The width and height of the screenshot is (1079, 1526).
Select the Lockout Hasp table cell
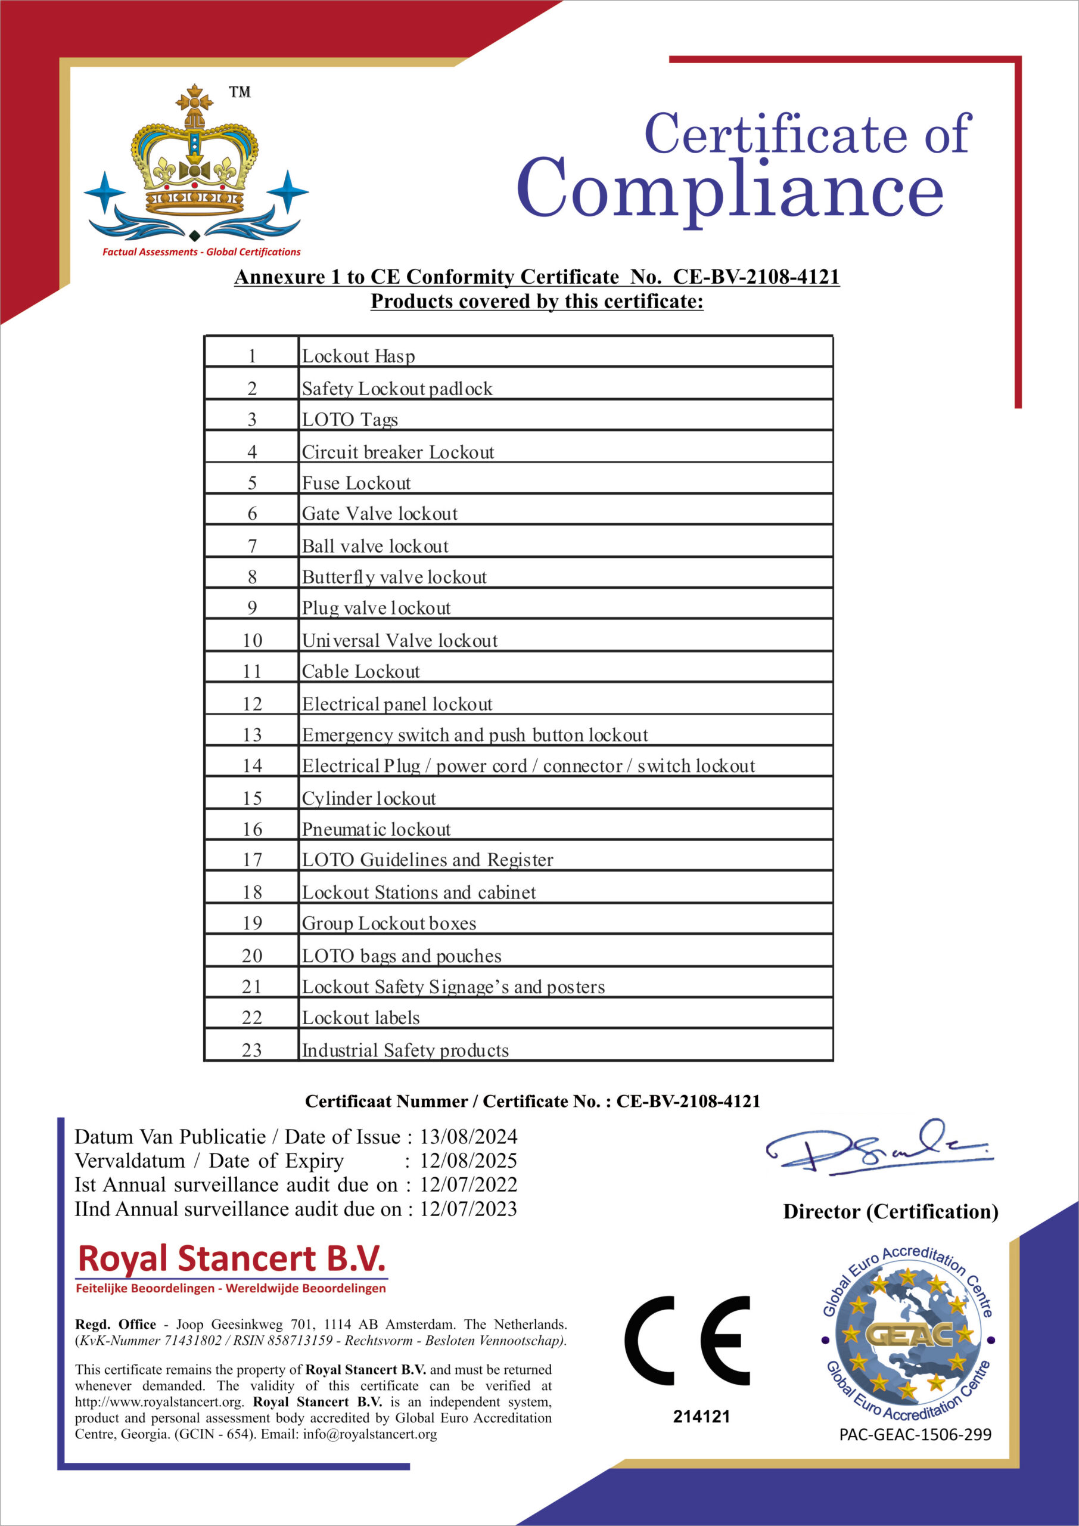tap(359, 356)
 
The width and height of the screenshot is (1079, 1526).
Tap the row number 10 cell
tap(252, 640)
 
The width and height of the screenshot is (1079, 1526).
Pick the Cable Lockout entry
tap(361, 671)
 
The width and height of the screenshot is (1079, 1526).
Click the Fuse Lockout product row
tap(356, 483)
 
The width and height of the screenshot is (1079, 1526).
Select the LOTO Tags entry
tap(350, 420)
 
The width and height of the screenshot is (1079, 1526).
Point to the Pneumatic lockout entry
tap(376, 829)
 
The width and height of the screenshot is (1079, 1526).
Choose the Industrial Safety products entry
tap(405, 1050)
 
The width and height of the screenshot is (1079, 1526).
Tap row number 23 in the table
tap(252, 1050)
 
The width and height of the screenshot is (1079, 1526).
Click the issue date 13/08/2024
tap(468, 1136)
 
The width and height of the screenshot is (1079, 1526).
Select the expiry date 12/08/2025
tap(468, 1161)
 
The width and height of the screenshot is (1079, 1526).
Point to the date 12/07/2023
tap(468, 1208)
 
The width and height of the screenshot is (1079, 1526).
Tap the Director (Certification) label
tap(890, 1212)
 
